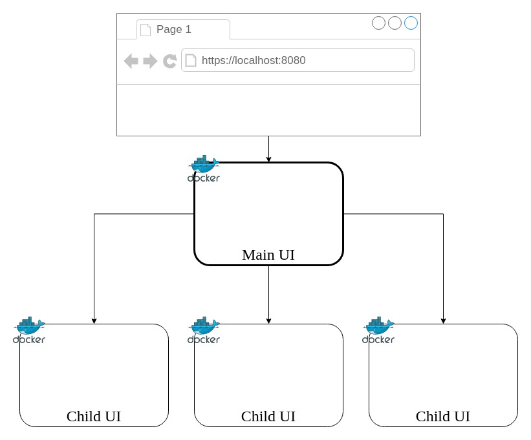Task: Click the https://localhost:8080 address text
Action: pos(254,61)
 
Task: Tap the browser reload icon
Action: pos(169,61)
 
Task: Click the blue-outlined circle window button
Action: pos(411,23)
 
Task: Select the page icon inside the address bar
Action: pos(191,61)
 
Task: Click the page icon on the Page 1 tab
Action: pos(146,30)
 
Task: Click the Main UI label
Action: pos(268,255)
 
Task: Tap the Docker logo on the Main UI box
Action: pos(204,169)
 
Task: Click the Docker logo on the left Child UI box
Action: pos(29,330)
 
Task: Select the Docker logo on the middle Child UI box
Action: pos(204,330)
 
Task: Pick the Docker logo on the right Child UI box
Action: pos(378,330)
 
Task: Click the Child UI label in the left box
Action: pos(94,416)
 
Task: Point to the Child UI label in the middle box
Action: pos(268,416)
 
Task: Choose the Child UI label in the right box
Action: pos(443,416)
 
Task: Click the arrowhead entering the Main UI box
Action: pos(268,159)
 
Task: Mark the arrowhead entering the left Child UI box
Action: pos(94,320)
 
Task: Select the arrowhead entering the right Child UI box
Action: pos(443,320)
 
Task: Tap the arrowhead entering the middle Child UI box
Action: pos(268,320)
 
